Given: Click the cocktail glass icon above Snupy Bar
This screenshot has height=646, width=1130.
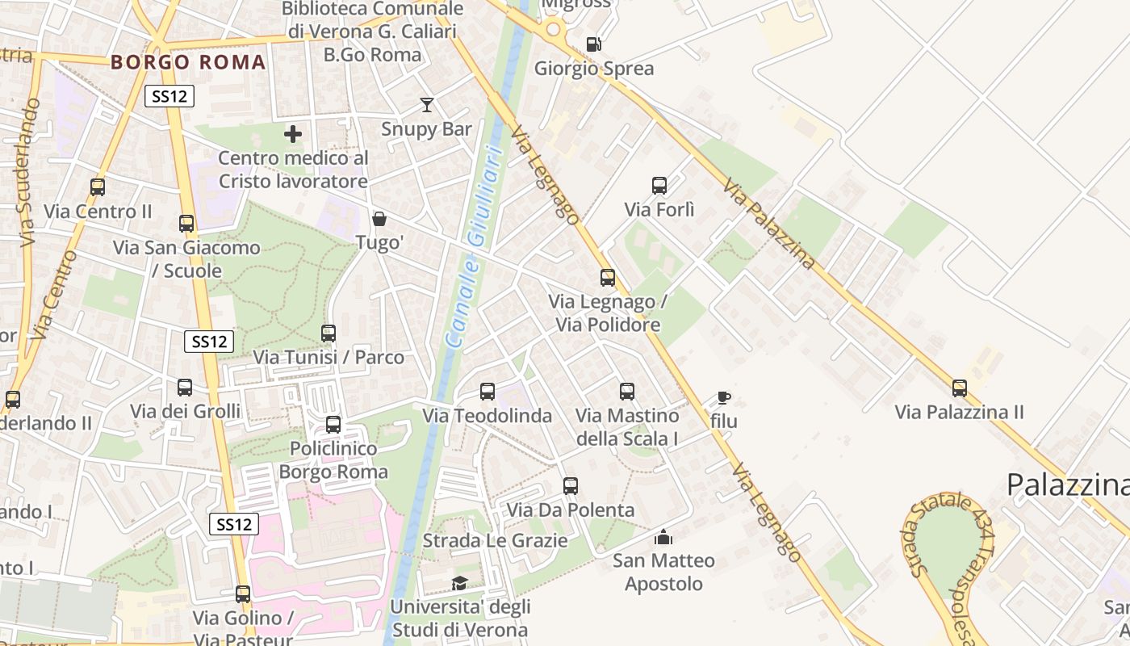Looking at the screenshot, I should coord(426,105).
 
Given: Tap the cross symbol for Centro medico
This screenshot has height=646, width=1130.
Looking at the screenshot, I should coord(293,134).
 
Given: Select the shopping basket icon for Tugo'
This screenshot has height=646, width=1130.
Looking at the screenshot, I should coord(379,219).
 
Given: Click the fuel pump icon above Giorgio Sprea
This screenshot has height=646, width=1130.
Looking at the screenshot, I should coord(593,44).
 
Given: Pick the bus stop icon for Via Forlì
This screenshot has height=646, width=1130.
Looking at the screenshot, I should coord(659,186).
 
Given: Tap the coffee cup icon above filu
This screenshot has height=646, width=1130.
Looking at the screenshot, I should coord(723,397).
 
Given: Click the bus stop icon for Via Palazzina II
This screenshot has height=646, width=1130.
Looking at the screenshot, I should coord(959,388).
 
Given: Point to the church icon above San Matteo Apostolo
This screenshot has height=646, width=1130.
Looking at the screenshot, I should coord(663,536).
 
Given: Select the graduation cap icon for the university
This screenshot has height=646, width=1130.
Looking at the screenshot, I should coord(459,583).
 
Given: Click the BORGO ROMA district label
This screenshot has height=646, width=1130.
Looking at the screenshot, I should coord(188,62).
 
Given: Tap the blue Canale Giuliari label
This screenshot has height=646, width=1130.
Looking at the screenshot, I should coord(476,242).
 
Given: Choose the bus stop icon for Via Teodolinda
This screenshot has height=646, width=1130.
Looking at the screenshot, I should coord(488,392).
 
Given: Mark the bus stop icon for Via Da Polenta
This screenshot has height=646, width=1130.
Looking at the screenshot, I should coord(571,486).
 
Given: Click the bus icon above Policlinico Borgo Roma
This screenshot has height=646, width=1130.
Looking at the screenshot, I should coord(333,425).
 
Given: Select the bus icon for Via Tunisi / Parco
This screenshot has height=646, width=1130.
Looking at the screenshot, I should coord(329,333).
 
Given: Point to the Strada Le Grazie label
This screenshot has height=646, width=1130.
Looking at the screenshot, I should coord(495,540).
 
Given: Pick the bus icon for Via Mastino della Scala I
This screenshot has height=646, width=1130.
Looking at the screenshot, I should coord(627,392).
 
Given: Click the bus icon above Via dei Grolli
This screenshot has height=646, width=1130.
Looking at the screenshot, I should coord(185,388).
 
